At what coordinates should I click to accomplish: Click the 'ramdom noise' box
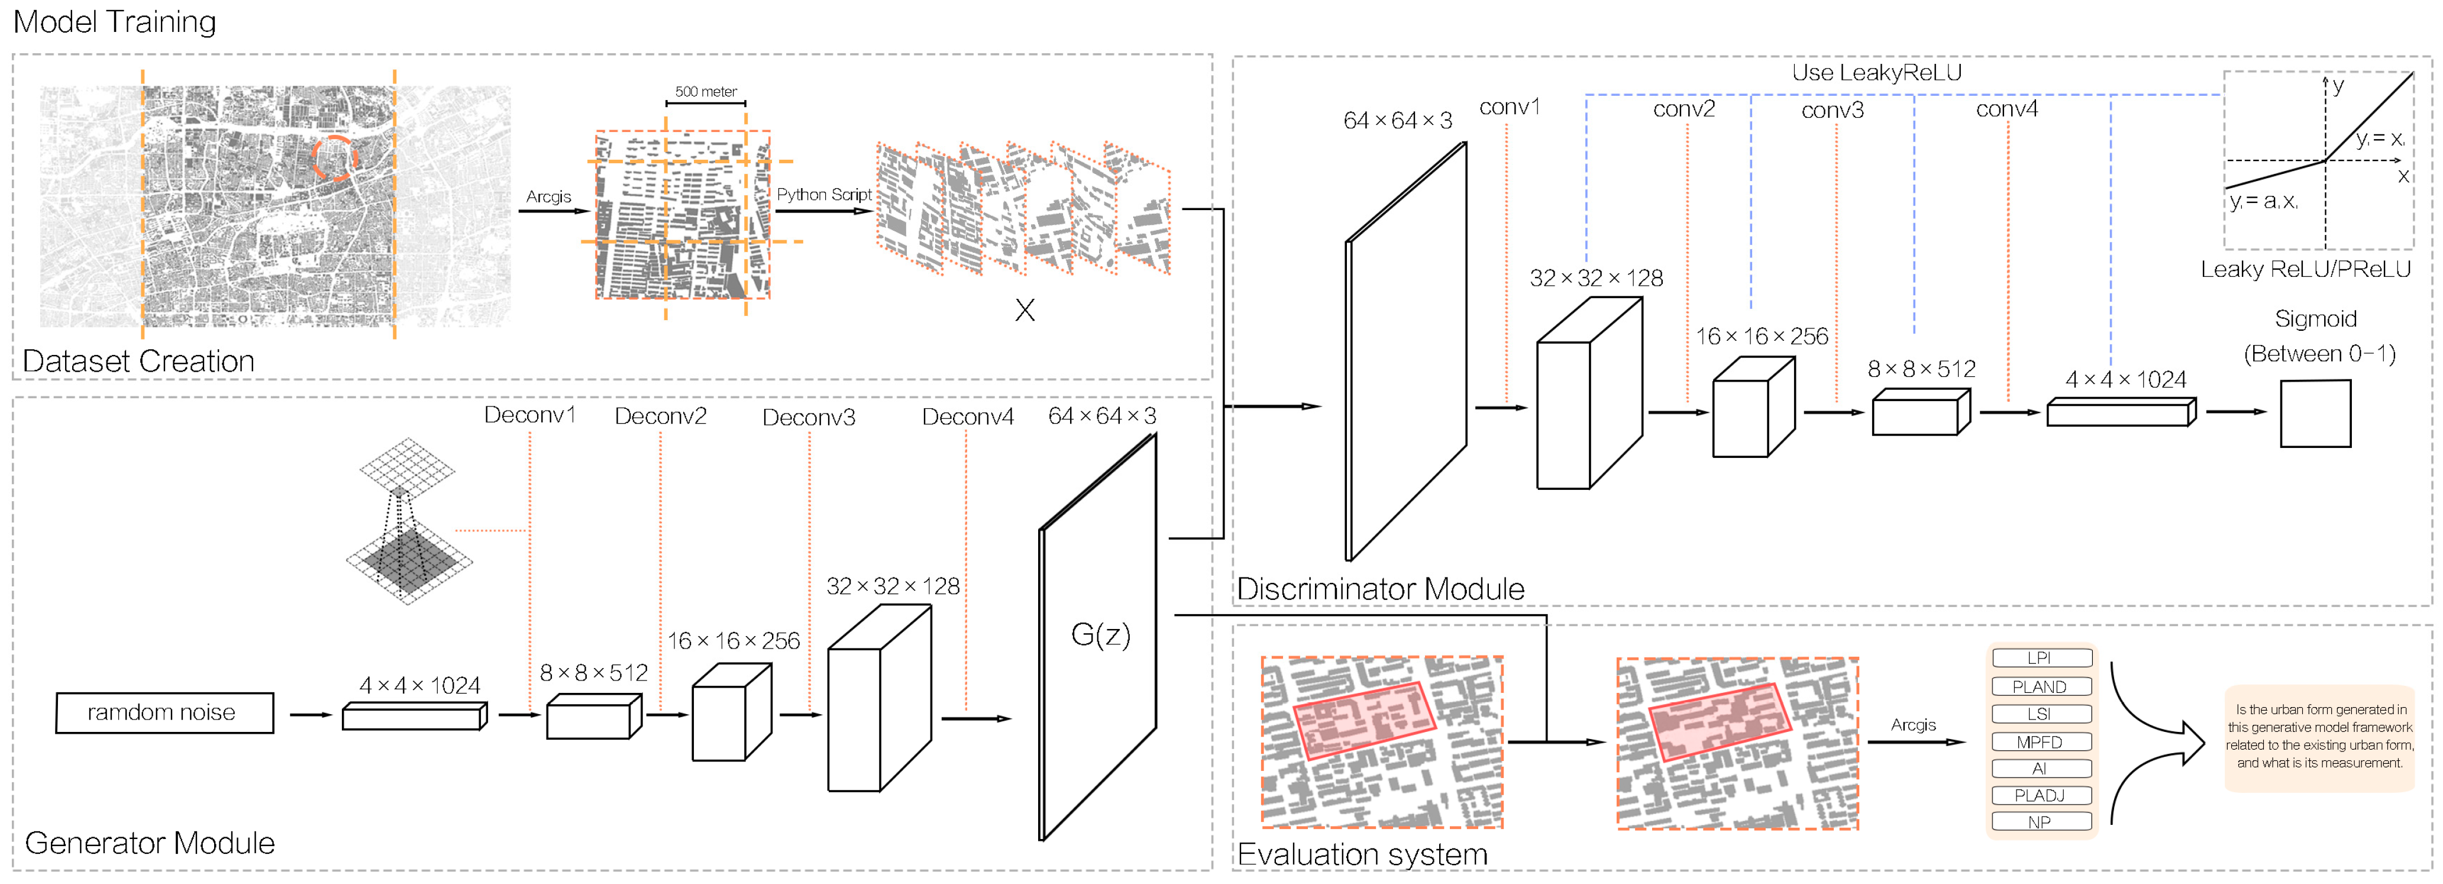(164, 712)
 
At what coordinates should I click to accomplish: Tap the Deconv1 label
(529, 415)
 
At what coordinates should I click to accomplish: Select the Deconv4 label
(967, 417)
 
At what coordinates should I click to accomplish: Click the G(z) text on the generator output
(1100, 634)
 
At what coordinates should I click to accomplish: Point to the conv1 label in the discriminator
(1509, 107)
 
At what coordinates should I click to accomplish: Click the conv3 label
(1833, 111)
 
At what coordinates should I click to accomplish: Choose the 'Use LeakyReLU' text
(1876, 72)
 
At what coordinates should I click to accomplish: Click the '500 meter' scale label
(706, 91)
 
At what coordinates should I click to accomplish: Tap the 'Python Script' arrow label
(823, 195)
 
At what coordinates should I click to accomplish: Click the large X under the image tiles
(1025, 310)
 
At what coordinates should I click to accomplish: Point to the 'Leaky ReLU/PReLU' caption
(2306, 269)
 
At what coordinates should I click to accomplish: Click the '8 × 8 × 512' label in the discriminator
(1921, 369)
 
